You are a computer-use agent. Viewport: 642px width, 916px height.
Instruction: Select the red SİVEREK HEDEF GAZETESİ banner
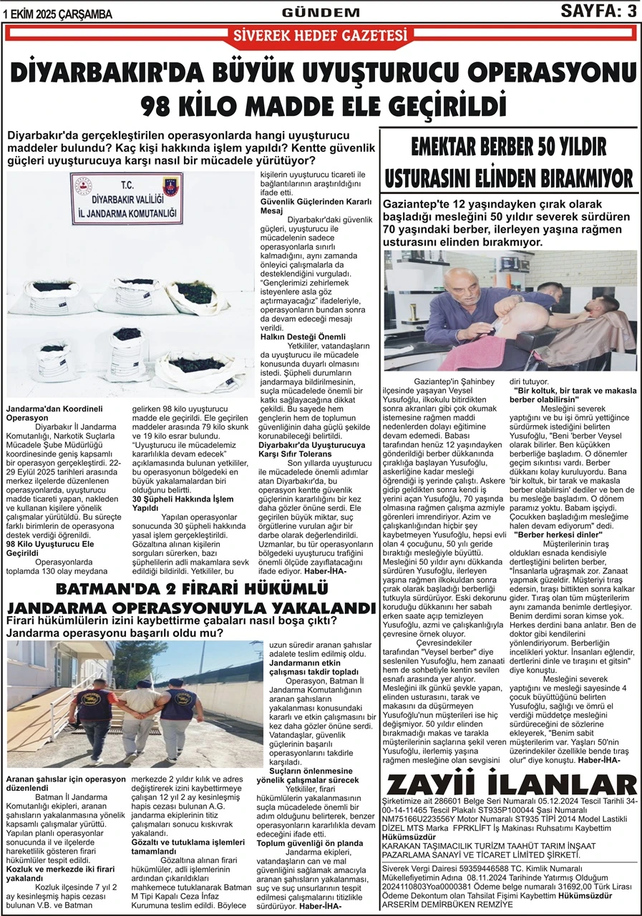[321, 35]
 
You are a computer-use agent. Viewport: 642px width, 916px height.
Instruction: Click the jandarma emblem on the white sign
[172, 188]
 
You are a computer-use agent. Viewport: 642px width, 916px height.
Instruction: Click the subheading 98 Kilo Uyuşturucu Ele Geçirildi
[50, 548]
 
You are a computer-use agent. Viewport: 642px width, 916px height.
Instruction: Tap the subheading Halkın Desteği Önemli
[302, 336]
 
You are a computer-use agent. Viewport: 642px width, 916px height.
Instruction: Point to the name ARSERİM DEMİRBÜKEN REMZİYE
[447, 905]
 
